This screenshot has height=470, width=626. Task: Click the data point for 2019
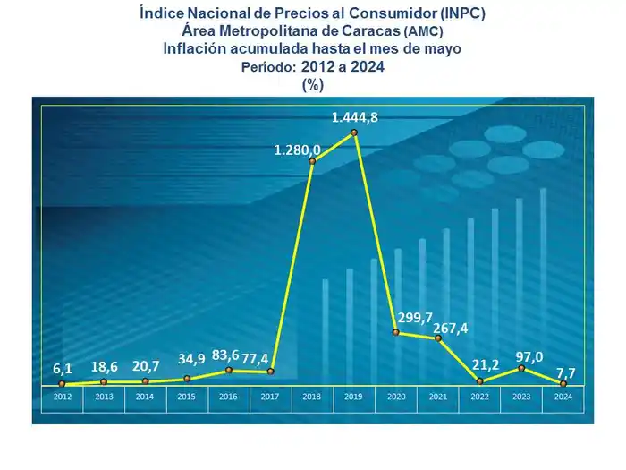coord(354,132)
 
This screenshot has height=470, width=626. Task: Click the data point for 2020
coord(396,332)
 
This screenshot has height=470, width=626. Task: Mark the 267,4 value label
coord(450,329)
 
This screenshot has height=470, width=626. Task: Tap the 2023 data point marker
coord(521,368)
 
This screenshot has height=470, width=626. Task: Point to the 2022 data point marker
coord(480,381)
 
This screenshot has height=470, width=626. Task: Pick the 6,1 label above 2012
coord(63,370)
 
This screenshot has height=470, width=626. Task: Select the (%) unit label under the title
coord(312,84)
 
